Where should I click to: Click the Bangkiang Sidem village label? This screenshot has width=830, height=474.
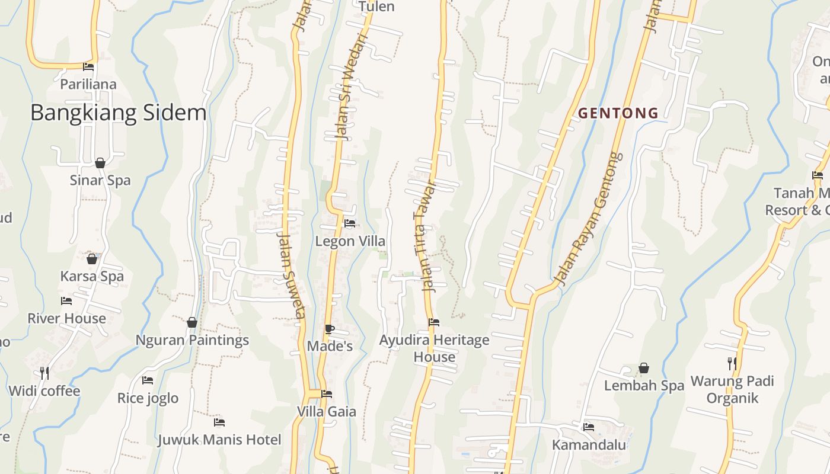click(x=118, y=113)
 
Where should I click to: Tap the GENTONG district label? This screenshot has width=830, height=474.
click(x=618, y=113)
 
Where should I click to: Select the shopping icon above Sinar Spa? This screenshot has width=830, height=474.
click(x=100, y=163)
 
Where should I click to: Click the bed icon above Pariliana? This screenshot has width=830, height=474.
click(x=88, y=67)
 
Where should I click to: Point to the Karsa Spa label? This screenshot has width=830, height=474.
click(x=92, y=276)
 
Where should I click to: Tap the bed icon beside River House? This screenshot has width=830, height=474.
click(x=66, y=301)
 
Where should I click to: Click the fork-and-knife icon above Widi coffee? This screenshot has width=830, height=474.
click(x=44, y=373)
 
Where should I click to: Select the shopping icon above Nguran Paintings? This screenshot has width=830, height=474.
click(x=191, y=322)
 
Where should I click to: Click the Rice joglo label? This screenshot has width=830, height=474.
click(x=148, y=398)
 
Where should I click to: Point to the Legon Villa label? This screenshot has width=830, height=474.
click(x=350, y=241)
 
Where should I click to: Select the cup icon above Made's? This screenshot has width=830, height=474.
click(x=330, y=329)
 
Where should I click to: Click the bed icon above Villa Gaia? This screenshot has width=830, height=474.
click(x=326, y=394)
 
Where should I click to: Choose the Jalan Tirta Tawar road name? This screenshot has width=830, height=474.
click(x=429, y=237)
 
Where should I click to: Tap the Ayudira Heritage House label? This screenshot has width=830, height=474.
click(x=435, y=348)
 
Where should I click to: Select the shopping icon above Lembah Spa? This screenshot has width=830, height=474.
click(x=644, y=369)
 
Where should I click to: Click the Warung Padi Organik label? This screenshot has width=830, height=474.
click(x=732, y=389)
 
